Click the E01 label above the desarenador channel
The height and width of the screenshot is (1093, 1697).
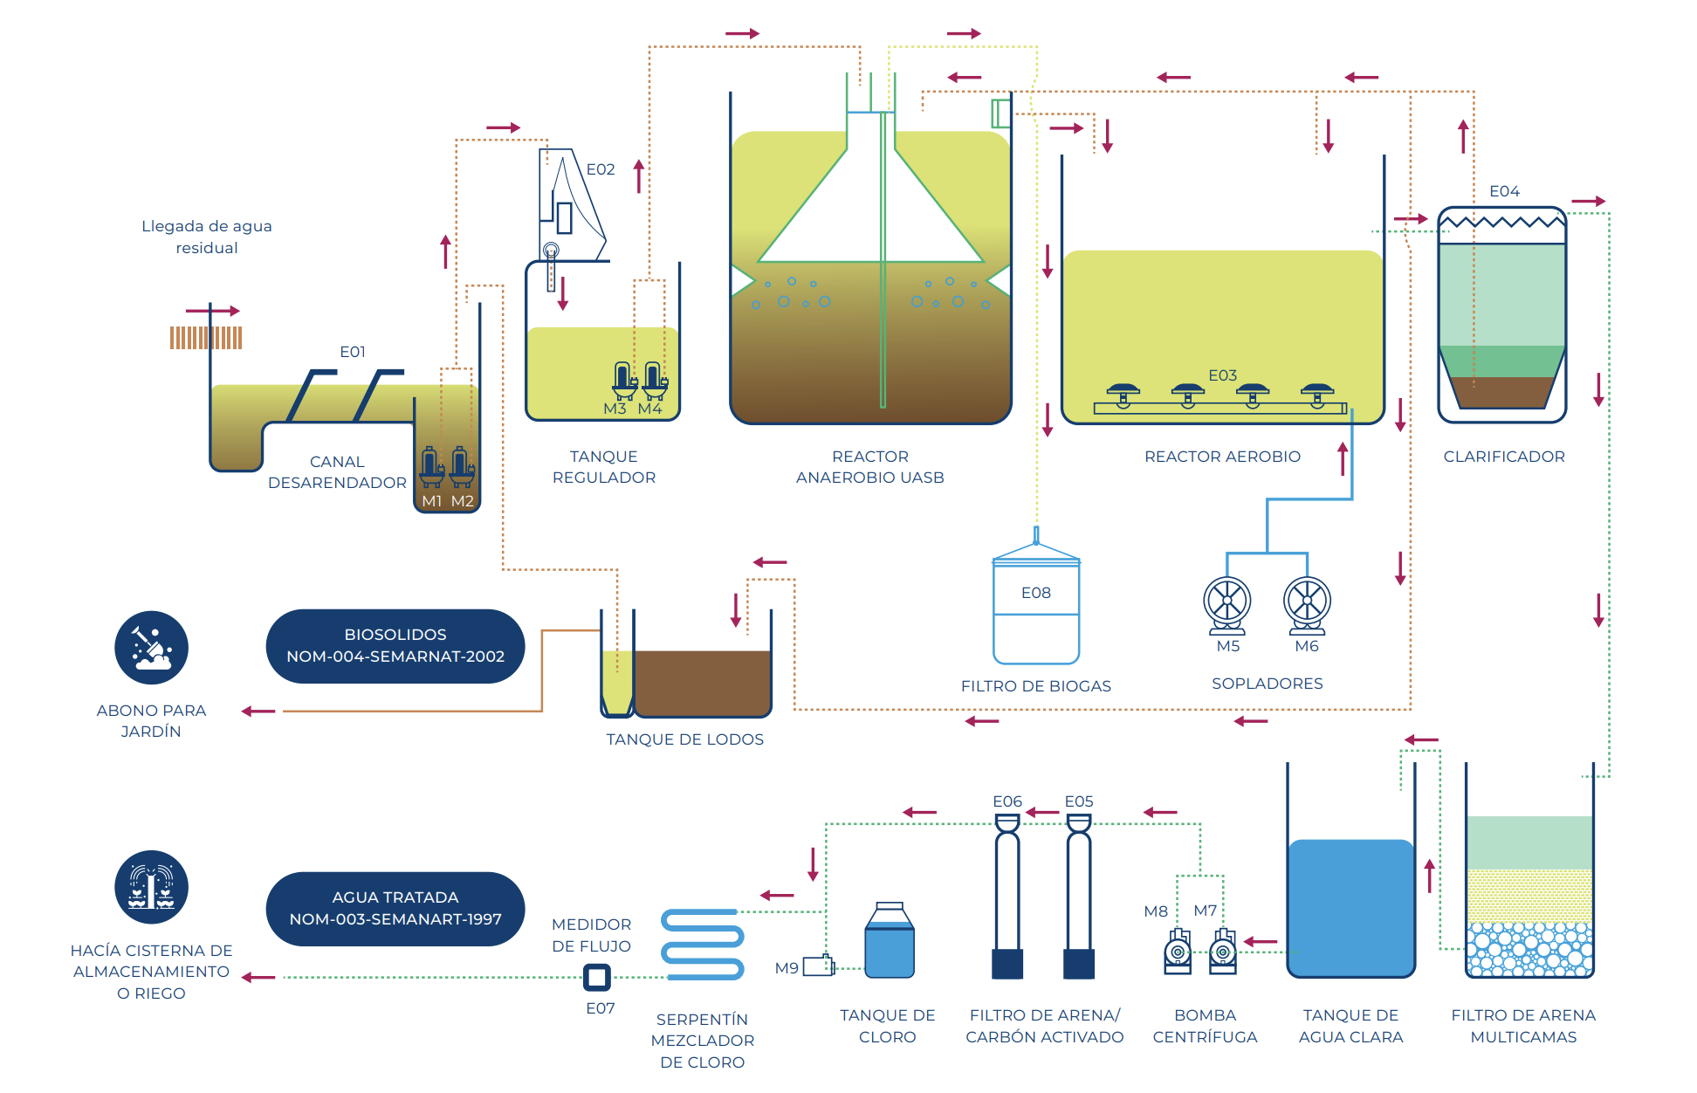[353, 352]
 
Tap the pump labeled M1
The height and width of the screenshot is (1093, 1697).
[431, 467]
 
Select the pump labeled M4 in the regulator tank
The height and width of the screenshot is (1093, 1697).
[654, 381]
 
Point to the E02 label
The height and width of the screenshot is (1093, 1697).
[601, 169]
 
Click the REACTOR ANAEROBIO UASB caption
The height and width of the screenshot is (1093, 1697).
[870, 467]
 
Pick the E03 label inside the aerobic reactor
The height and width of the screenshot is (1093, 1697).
[1222, 375]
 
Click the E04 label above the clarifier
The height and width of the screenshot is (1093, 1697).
[1504, 191]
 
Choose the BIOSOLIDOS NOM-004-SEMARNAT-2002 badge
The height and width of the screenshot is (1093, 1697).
[395, 646]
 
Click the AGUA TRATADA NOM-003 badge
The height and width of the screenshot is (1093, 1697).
[395, 909]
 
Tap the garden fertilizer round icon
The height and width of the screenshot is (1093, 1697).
[152, 648]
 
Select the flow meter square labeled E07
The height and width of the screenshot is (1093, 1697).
[597, 977]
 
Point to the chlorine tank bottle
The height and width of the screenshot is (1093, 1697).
[890, 940]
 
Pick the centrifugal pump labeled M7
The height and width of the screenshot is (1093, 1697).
[1222, 952]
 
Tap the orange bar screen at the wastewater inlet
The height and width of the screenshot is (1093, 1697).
[206, 338]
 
